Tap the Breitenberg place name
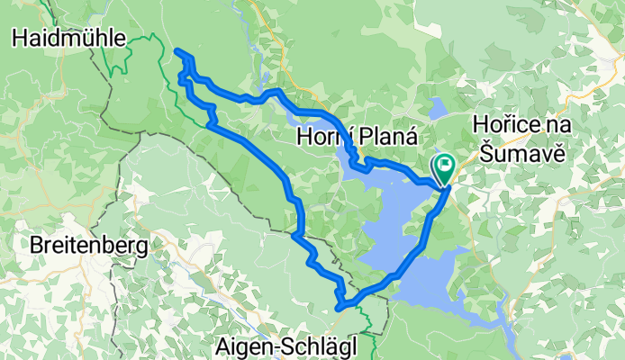pyautogui.click(x=87, y=244)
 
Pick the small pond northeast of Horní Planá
pyautogui.click(x=437, y=110)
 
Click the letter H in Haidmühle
pyautogui.click(x=18, y=37)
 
